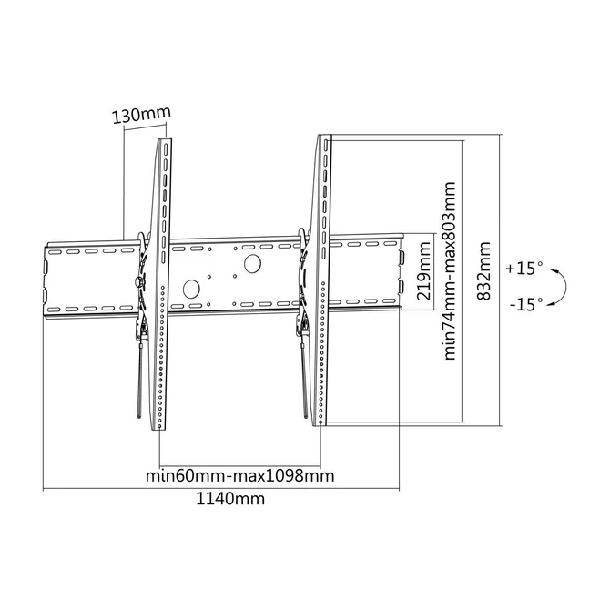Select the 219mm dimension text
422,272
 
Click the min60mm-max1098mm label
239,476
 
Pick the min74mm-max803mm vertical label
449,271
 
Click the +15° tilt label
525,269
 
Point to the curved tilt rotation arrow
562,285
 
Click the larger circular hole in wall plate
250,265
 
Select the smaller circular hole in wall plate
191,289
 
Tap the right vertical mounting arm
323,282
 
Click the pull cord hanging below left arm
137,382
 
